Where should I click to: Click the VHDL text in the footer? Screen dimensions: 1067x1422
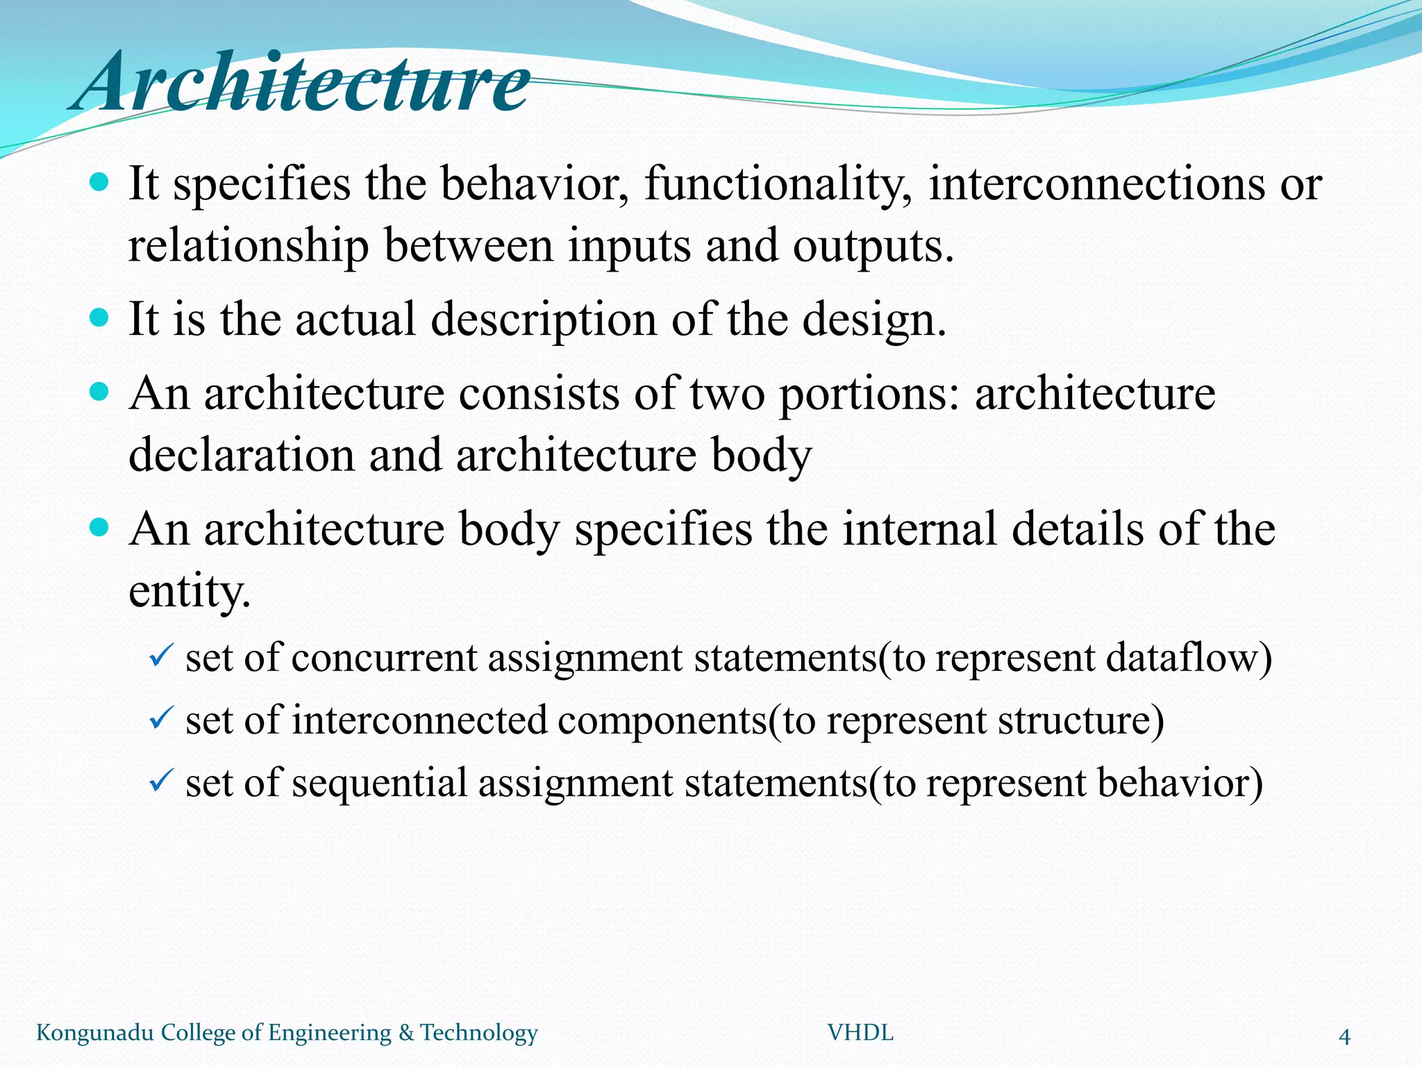pyautogui.click(x=860, y=1033)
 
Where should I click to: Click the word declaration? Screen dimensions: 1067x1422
pyautogui.click(x=241, y=456)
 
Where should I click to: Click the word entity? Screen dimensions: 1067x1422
pyautogui.click(x=189, y=592)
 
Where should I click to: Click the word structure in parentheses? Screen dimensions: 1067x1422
pyautogui.click(x=1074, y=720)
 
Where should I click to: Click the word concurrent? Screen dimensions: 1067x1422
pyautogui.click(x=383, y=659)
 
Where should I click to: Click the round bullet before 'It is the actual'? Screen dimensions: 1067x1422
pyautogui.click(x=100, y=318)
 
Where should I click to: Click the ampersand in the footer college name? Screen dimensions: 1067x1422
pyautogui.click(x=405, y=1033)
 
